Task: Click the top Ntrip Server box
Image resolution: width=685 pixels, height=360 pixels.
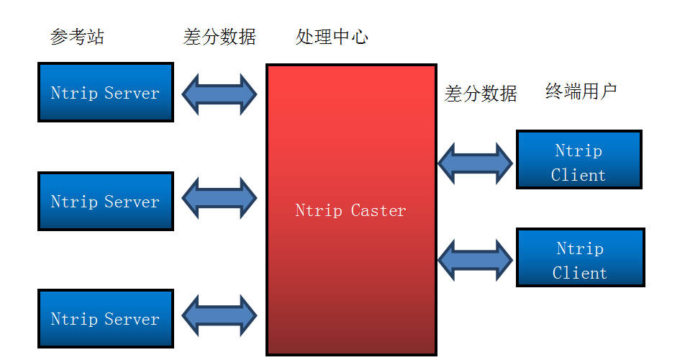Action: pyautogui.click(x=106, y=92)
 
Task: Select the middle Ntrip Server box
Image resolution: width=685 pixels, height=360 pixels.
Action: pyautogui.click(x=106, y=201)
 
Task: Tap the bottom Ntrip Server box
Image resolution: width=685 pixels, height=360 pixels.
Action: pyautogui.click(x=106, y=319)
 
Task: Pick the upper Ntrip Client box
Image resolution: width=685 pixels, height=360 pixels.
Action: pyautogui.click(x=579, y=160)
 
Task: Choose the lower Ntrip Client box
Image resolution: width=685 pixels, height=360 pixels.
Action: pyautogui.click(x=580, y=258)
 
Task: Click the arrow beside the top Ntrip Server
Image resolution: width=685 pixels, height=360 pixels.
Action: pyautogui.click(x=219, y=94)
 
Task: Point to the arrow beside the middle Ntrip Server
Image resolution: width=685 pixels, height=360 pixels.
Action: pyautogui.click(x=219, y=197)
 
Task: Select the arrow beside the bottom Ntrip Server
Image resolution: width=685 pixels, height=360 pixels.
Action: pyautogui.click(x=219, y=314)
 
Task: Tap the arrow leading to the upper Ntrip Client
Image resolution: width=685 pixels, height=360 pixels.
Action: pyautogui.click(x=475, y=163)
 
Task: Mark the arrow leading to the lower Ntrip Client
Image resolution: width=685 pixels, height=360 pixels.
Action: pyautogui.click(x=475, y=260)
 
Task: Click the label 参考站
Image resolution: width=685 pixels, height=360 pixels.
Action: pyautogui.click(x=77, y=37)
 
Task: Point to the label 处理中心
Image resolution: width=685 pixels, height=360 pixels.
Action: pyautogui.click(x=332, y=37)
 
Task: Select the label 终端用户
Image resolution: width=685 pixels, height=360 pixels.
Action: pyautogui.click(x=581, y=91)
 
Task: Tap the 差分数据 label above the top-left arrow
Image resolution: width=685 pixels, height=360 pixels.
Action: pyautogui.click(x=219, y=37)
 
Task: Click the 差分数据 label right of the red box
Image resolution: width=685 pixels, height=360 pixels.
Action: pyautogui.click(x=481, y=94)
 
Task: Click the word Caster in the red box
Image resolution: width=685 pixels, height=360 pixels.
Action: pyautogui.click(x=378, y=211)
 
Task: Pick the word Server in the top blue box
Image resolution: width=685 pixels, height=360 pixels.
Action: pyautogui.click(x=132, y=93)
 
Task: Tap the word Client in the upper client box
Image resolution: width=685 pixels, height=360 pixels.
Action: pyautogui.click(x=579, y=176)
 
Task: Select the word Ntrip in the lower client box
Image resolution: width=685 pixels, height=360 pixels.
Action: pyautogui.click(x=580, y=249)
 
